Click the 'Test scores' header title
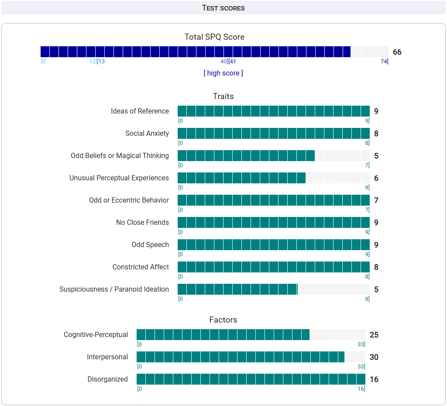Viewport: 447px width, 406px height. (223, 8)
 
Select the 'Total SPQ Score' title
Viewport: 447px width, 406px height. (214, 37)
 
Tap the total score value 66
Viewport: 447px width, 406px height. (397, 52)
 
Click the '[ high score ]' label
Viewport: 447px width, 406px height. (223, 73)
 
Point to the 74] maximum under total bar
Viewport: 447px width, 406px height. (384, 62)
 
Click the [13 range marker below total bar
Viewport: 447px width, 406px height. (101, 62)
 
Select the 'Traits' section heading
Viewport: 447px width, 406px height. (223, 96)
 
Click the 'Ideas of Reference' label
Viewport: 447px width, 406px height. (140, 111)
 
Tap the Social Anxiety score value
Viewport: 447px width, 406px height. (376, 134)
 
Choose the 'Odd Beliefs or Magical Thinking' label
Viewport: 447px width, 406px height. (120, 156)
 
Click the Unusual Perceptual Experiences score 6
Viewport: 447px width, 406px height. (376, 178)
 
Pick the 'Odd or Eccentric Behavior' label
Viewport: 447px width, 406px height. (129, 200)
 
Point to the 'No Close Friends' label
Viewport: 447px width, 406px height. (142, 223)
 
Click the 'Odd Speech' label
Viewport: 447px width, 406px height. (150, 245)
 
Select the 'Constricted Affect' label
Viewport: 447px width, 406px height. (141, 267)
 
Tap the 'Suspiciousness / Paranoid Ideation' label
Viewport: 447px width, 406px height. (114, 289)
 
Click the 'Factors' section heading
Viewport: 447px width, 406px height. (223, 320)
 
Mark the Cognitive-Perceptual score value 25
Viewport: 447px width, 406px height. (374, 335)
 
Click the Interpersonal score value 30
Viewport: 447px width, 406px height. (374, 358)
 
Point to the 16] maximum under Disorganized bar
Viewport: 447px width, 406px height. (361, 389)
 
